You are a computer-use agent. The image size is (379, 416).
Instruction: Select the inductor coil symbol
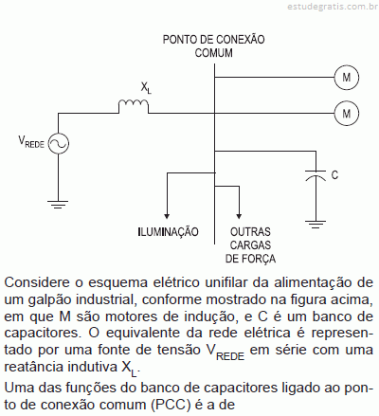coord(134,103)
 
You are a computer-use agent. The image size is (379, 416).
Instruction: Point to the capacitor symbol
coord(316,176)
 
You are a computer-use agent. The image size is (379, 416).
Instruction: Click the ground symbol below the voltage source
coord(58,205)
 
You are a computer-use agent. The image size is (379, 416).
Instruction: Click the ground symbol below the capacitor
coord(316,225)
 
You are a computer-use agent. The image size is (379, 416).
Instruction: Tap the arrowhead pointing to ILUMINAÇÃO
coord(167,216)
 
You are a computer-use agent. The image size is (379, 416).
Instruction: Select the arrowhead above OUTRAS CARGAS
coord(239,216)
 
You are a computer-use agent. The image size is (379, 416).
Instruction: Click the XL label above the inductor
coord(146,87)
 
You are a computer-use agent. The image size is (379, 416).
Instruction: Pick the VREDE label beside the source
coord(31,141)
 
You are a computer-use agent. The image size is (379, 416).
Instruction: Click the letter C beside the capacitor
coord(334,174)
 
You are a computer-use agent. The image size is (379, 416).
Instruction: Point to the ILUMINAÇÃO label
coord(169,231)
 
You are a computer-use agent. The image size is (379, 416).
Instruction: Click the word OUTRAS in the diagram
coord(250,232)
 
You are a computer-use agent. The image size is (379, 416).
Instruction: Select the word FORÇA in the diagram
coord(259,259)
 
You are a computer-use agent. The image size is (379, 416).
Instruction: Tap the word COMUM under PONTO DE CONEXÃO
coord(214,53)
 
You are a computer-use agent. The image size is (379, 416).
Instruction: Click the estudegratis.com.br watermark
coord(333,7)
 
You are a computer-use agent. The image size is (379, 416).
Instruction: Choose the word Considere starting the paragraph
coord(37,282)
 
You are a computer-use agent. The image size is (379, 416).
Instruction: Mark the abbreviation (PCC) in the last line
coord(171,405)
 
